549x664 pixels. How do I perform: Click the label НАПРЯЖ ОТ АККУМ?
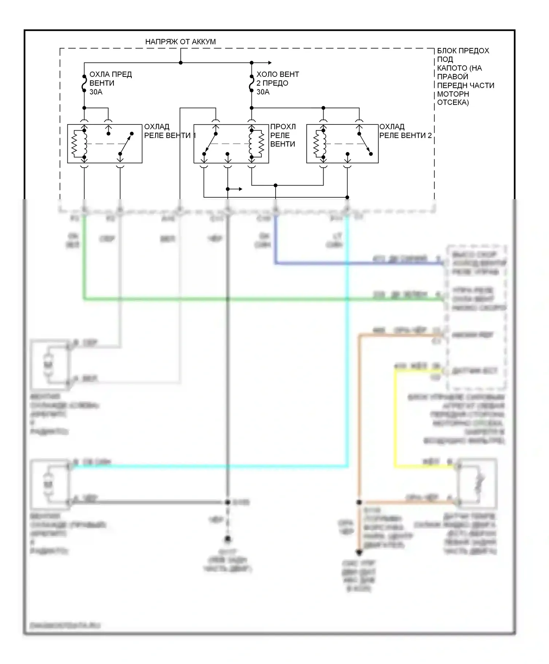point(180,42)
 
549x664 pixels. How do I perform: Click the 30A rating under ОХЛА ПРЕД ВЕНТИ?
point(96,92)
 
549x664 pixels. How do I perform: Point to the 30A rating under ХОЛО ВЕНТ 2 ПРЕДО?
point(263,92)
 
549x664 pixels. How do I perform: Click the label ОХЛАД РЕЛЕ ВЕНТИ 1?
point(170,131)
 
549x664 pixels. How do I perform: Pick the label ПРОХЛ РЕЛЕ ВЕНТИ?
point(283,135)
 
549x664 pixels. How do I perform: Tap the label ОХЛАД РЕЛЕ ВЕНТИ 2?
point(405,131)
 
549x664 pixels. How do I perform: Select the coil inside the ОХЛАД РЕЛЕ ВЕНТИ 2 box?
point(319,144)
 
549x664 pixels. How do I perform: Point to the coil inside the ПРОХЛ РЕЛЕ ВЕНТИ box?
point(256,144)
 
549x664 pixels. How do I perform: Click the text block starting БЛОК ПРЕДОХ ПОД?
point(465,77)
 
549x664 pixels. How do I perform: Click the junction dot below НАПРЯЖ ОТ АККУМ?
point(180,63)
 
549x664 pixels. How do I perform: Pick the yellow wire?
point(395,421)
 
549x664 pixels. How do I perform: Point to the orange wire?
point(359,421)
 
